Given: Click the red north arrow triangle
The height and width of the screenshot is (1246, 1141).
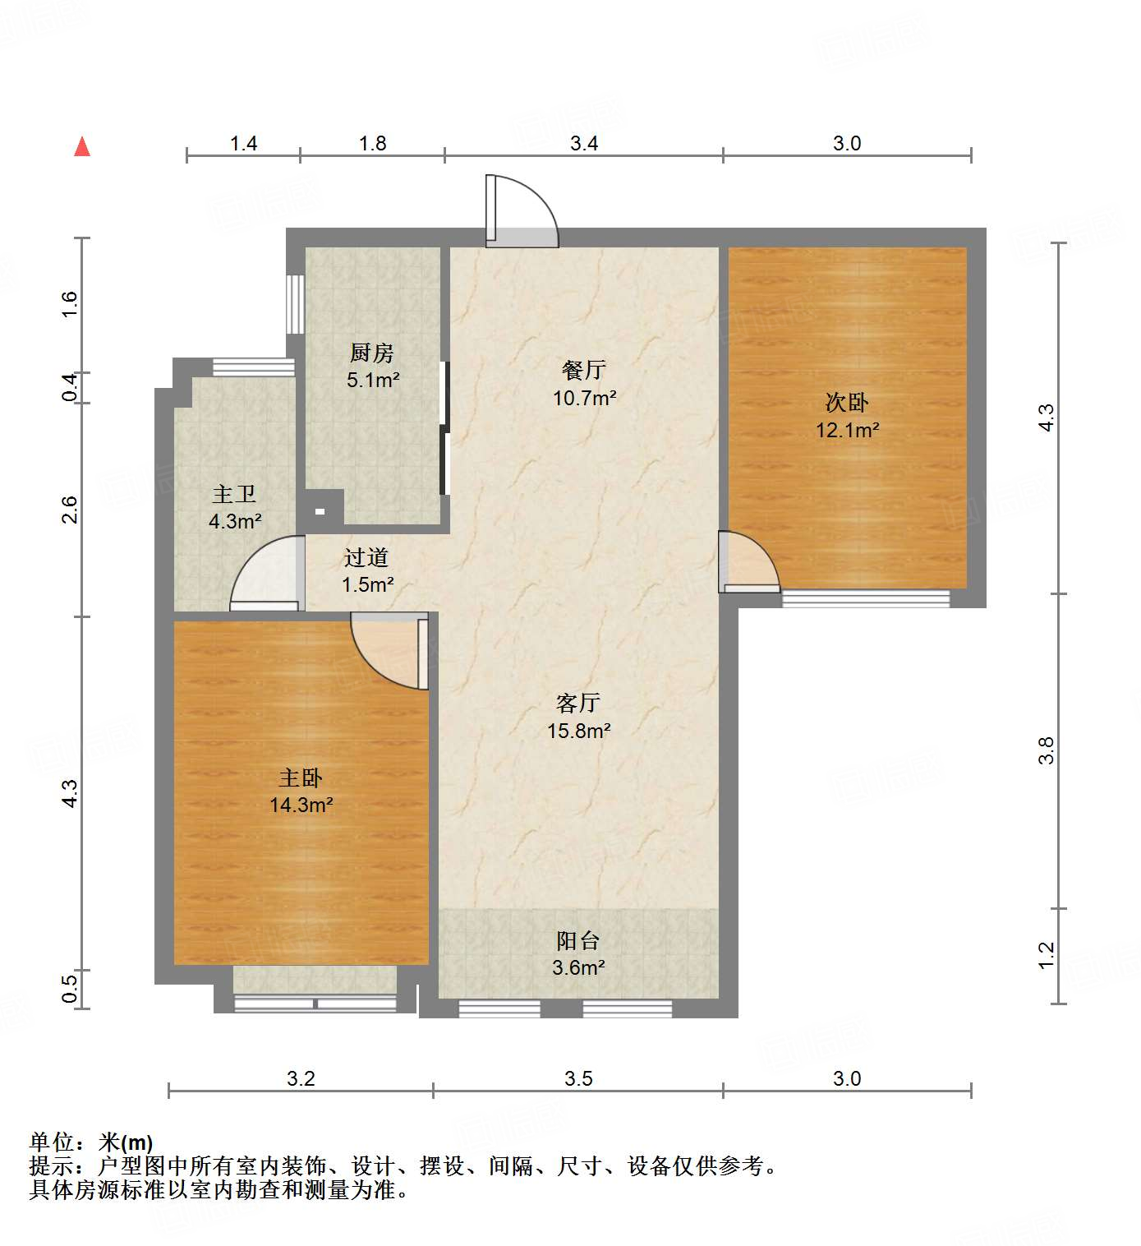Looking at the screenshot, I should coord(82,147).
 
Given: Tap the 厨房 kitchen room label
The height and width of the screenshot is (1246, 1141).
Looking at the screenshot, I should coord(372,353).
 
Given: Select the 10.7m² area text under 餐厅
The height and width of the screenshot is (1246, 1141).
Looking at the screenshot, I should coord(584,399).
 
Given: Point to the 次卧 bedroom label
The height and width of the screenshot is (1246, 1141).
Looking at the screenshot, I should coord(847,403).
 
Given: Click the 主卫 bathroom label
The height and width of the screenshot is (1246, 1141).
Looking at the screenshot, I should coord(234,494).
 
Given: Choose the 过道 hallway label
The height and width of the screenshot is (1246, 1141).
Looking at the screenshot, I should coord(366,558).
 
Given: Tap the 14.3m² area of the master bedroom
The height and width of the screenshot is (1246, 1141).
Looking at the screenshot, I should coord(301,805).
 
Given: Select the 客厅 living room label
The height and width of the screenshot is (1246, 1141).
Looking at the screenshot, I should coord(578,704).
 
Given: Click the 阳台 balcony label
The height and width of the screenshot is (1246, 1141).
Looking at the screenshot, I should coord(578,940).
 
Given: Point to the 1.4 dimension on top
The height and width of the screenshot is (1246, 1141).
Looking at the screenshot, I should coord(243,144).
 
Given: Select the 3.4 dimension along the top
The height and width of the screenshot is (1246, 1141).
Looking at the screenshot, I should coord(584,144).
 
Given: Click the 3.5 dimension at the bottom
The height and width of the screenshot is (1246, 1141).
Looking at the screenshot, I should coord(578,1079).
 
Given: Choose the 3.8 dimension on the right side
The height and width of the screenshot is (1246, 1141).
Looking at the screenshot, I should coord(1046,751).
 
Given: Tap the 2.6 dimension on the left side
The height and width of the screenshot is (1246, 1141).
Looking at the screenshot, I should coord(71,510).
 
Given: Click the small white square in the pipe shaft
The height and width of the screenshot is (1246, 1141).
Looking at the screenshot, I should coord(320,511).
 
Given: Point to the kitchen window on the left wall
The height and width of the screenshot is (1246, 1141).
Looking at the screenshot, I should coord(295,304).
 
